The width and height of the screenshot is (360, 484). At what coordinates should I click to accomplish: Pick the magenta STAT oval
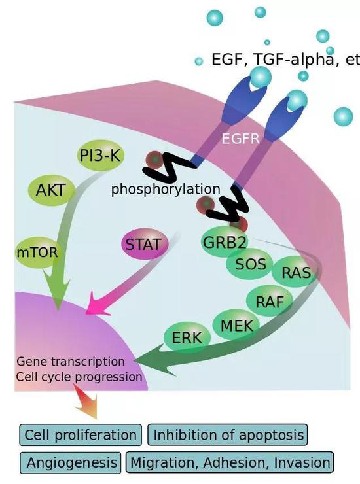(143, 245)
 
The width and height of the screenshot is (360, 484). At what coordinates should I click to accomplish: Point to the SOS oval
(250, 264)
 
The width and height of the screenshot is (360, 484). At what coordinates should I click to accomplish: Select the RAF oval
(269, 302)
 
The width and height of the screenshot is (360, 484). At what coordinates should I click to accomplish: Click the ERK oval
(187, 338)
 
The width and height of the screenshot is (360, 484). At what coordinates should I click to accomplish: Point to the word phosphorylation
(165, 190)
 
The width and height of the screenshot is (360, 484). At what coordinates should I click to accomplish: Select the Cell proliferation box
(81, 435)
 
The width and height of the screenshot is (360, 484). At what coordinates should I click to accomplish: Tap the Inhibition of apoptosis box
(227, 435)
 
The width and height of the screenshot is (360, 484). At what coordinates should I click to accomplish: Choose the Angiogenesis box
(70, 462)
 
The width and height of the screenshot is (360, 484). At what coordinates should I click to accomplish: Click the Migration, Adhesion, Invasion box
(230, 462)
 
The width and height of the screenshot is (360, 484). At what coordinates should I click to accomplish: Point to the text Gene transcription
(70, 362)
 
